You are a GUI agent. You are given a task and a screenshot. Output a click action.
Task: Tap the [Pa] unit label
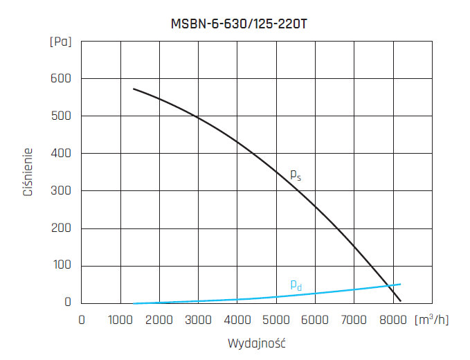[61, 42]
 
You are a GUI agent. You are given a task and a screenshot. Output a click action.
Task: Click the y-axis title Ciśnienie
[28, 171]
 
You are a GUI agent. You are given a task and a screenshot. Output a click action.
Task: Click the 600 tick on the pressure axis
[62, 78]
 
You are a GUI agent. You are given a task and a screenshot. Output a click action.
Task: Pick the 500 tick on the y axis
[62, 116]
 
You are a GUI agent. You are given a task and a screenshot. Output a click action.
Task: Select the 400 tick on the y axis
[62, 153]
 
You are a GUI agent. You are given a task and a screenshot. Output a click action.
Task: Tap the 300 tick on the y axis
[62, 190]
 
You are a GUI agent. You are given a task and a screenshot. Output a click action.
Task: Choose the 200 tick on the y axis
[62, 228]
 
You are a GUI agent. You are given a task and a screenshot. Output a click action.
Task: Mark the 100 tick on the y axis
[62, 266]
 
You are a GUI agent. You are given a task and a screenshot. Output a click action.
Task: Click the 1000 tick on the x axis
[120, 320]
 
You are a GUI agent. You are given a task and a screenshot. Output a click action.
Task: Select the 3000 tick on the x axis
[199, 320]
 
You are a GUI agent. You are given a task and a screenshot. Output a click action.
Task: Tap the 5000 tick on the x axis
[276, 320]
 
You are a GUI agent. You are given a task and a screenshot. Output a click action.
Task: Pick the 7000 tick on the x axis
[354, 320]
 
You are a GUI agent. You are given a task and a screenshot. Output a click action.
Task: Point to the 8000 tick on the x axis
[393, 320]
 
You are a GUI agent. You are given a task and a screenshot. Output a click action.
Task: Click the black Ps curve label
[296, 176]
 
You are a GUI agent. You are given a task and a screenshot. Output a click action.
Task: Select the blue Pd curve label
[296, 285]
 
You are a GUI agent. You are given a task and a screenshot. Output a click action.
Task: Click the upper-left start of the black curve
[134, 89]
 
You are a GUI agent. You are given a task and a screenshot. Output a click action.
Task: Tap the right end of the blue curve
[400, 284]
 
